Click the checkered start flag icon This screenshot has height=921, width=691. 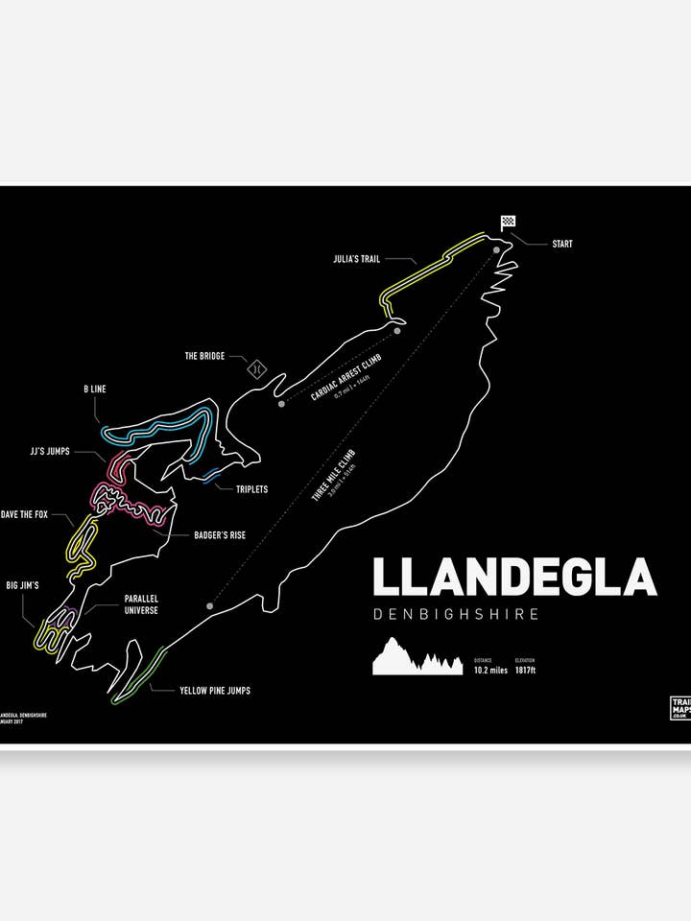507,223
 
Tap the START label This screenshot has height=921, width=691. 561,244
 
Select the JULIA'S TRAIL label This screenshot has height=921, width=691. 356,258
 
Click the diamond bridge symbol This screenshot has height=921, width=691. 256,367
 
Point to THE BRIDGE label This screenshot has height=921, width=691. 204,356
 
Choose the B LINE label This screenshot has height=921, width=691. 94,390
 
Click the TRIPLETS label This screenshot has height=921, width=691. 251,489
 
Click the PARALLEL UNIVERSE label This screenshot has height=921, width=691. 141,603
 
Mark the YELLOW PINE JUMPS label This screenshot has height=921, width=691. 215,690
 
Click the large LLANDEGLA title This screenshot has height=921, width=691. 513,578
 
